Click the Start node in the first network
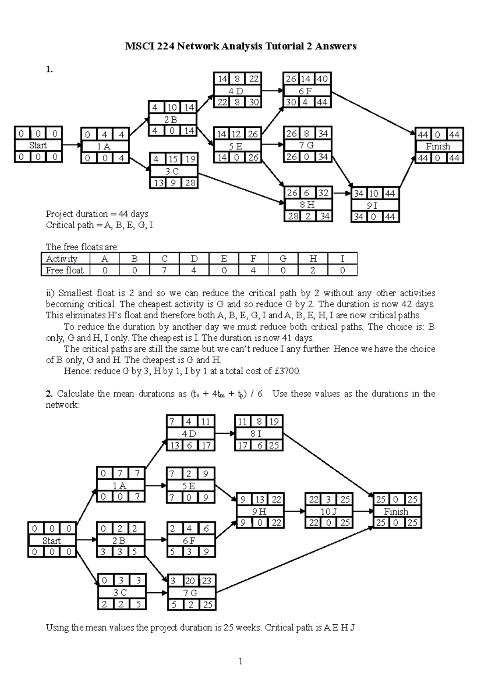pos(38,145)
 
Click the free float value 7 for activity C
pos(164,270)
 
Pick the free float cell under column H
pos(313,270)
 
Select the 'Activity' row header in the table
pos(62,259)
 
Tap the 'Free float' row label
pos(65,270)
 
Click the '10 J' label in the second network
pos(328,511)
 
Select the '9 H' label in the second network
pos(259,511)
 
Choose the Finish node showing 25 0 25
pos(396,511)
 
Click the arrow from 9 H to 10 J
pos(294,511)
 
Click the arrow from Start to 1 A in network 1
pos(72,145)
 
